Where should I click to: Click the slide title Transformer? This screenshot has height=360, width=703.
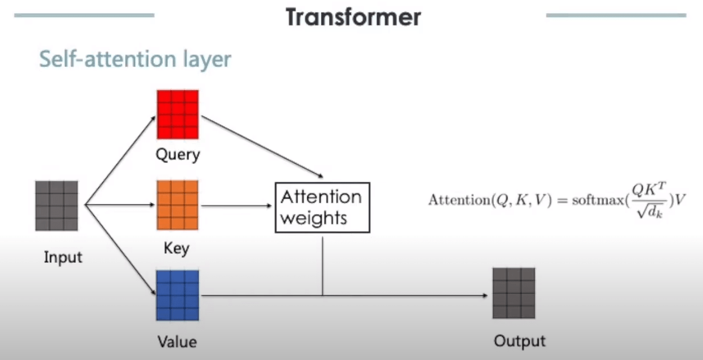coord(353,17)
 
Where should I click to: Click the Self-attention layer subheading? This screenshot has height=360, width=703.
coord(135,59)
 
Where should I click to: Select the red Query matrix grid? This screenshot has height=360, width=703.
coord(178,114)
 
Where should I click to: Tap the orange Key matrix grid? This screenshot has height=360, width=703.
coord(178,204)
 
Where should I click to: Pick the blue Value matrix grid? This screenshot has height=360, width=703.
coord(178,295)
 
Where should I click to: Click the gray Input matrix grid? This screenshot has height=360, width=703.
coord(56,206)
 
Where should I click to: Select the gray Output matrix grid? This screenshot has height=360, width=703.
coord(513,293)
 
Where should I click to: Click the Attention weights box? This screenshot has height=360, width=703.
coord(322,207)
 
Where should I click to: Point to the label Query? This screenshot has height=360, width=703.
coord(178,154)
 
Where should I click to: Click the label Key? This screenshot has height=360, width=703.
coord(177,249)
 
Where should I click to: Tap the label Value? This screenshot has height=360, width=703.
coord(177,342)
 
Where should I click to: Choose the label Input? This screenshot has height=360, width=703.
coord(63,257)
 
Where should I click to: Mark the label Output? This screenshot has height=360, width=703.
coord(520,341)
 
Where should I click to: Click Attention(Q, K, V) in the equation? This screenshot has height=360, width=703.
coord(490,200)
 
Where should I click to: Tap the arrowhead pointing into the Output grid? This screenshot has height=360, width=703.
coord(484,296)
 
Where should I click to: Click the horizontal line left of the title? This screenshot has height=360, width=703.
coord(84,15)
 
